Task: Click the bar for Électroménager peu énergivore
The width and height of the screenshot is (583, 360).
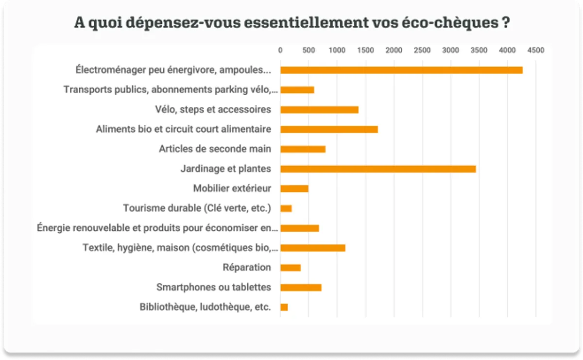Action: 401,70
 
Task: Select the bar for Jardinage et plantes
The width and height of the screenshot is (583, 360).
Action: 378,169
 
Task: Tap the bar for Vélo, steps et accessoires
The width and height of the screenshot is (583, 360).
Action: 319,110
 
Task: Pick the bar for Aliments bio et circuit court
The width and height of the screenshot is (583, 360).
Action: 329,129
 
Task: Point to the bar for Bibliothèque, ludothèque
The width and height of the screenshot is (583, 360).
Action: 284,307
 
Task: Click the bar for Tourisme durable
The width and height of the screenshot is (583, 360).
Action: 286,208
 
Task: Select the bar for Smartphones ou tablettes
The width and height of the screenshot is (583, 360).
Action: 301,288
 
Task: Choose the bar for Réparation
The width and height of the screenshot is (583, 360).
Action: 291,268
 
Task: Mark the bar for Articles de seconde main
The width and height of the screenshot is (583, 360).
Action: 303,149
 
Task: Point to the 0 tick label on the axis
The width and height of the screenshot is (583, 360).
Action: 280,50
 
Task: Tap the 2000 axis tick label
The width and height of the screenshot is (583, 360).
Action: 394,50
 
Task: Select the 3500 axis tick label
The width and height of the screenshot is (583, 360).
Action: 479,50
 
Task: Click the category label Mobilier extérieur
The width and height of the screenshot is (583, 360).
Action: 232,189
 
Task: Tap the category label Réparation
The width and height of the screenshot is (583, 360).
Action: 247,268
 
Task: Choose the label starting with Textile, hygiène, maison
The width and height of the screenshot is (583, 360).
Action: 180,248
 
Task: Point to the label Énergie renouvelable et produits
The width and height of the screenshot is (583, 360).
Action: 157,228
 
